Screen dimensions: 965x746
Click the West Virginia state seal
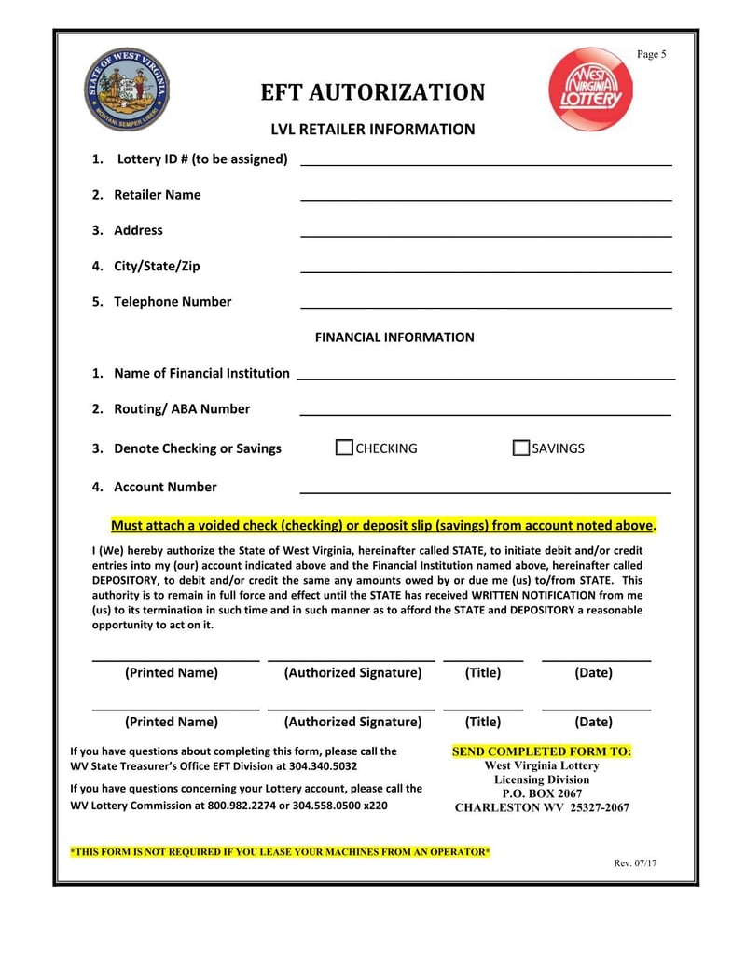(x=126, y=89)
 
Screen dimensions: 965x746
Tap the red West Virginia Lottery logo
(x=590, y=90)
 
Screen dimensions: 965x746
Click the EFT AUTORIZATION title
(x=372, y=93)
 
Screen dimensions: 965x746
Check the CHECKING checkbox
(x=344, y=448)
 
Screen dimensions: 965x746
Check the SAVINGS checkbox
(x=521, y=448)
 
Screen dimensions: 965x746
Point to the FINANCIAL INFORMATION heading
(x=394, y=338)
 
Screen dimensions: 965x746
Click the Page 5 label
(x=651, y=54)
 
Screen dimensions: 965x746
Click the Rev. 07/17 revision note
(x=635, y=862)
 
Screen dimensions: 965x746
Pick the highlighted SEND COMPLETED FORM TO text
(x=541, y=751)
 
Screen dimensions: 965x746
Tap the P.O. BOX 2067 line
(x=542, y=793)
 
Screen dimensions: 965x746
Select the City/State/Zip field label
(x=157, y=266)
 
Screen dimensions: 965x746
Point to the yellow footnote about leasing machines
(x=280, y=852)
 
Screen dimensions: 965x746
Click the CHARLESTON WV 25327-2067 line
(x=542, y=807)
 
